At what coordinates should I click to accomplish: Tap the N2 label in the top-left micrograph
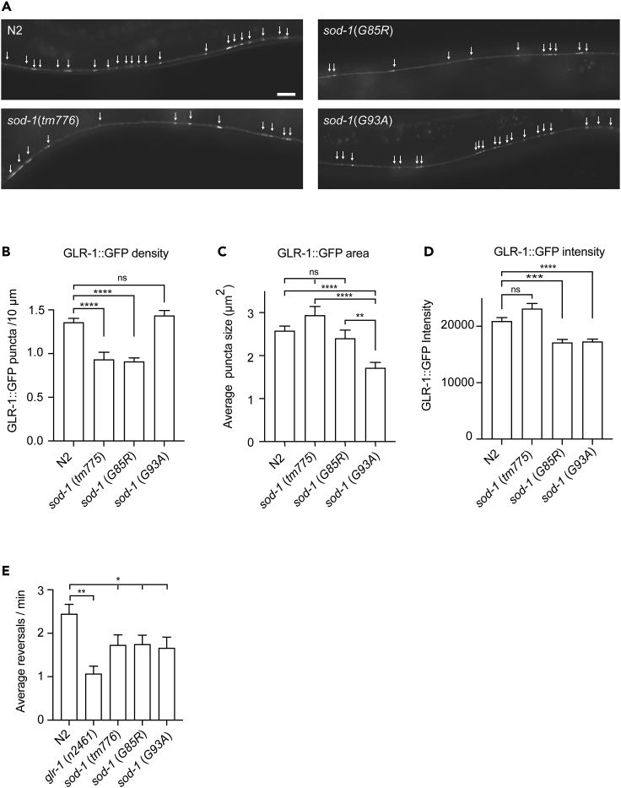click(x=15, y=31)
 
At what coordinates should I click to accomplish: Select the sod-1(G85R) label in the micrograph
click(x=354, y=31)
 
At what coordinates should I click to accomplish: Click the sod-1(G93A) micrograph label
click(x=354, y=120)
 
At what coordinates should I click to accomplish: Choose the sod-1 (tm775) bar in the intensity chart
click(x=531, y=373)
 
